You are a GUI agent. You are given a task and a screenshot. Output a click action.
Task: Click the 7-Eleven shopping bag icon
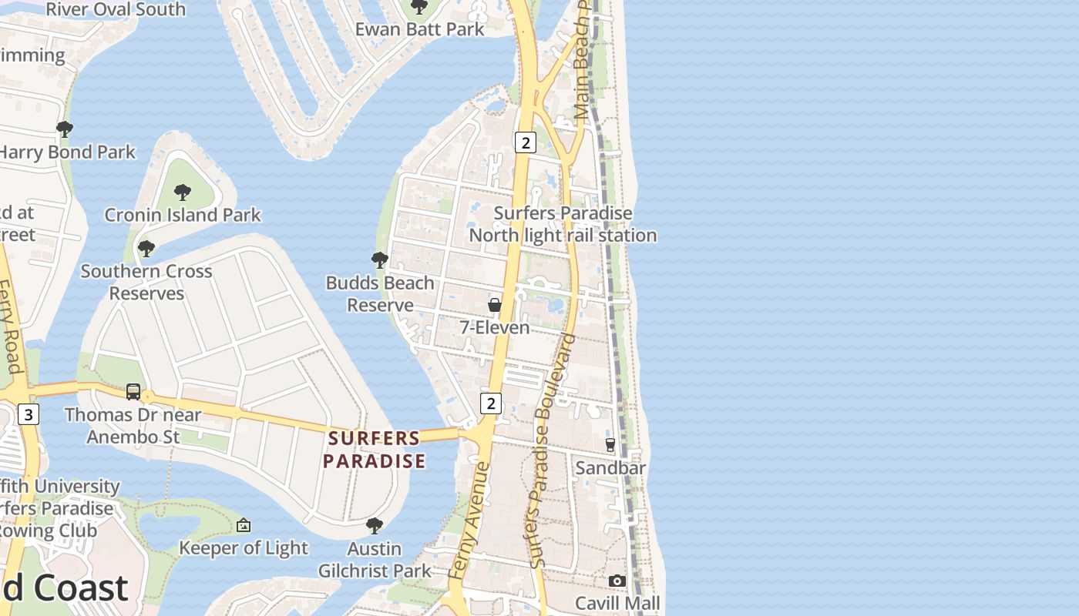(x=495, y=305)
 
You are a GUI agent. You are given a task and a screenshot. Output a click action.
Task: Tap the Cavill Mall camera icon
(x=617, y=581)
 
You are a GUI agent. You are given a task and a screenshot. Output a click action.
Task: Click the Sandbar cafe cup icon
(x=610, y=444)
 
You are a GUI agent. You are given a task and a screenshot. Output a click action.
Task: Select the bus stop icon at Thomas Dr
(x=133, y=392)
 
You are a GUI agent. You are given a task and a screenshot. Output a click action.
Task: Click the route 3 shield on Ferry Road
(x=29, y=415)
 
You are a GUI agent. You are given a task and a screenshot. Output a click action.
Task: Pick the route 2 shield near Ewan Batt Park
(x=526, y=142)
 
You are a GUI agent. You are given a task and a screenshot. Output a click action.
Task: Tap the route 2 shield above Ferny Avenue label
(x=490, y=403)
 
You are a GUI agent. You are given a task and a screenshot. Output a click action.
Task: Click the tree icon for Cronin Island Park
(x=183, y=192)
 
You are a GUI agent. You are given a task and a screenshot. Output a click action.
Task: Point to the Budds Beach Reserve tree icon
(x=379, y=260)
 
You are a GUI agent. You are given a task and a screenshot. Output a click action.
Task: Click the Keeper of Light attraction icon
(x=244, y=525)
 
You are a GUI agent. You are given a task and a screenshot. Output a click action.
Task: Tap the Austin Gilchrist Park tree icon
(x=375, y=526)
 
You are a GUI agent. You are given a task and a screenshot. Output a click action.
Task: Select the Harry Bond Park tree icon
(x=65, y=129)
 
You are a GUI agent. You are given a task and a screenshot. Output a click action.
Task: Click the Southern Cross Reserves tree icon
(x=146, y=249)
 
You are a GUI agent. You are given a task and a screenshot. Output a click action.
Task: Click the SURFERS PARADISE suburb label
(x=374, y=450)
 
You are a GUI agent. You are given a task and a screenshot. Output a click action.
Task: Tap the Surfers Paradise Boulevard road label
(x=550, y=450)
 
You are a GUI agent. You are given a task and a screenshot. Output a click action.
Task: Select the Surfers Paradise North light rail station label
(x=563, y=224)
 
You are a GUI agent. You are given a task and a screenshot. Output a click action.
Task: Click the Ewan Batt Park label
(x=419, y=29)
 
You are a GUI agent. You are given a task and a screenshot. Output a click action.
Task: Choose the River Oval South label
(x=116, y=9)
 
